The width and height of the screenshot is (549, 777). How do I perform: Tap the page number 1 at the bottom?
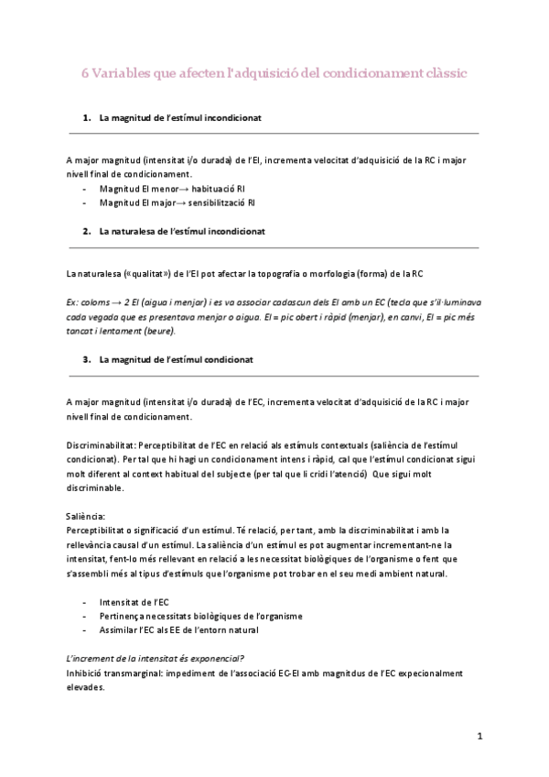[x=479, y=735]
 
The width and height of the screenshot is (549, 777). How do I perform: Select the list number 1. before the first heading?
[x=87, y=118]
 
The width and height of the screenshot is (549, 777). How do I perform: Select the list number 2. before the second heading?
[x=87, y=232]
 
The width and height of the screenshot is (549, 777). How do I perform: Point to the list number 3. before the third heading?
[x=87, y=359]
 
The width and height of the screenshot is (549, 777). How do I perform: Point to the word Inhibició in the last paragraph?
[x=85, y=672]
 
